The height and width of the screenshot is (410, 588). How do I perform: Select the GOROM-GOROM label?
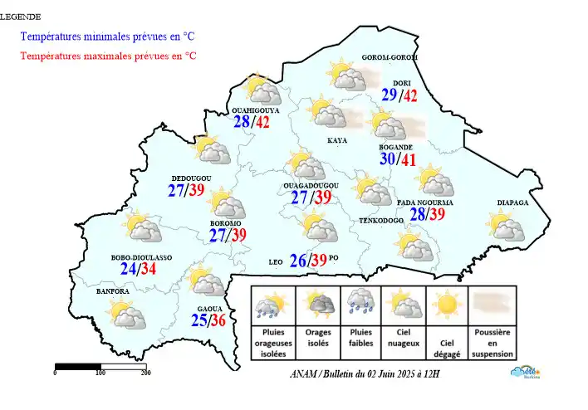click(390, 57)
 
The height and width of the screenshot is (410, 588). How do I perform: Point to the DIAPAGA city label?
click(512, 201)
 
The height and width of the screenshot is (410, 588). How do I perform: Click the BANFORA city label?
click(112, 291)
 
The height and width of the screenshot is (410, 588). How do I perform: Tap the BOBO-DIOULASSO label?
click(141, 258)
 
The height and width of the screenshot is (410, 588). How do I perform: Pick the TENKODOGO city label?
click(380, 221)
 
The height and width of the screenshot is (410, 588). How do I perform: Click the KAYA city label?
click(337, 140)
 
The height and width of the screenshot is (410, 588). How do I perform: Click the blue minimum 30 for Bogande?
click(389, 159)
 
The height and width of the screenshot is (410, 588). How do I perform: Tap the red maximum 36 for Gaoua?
click(218, 320)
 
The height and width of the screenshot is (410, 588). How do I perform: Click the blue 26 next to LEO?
click(298, 261)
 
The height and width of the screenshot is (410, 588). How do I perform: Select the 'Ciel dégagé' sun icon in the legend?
click(448, 305)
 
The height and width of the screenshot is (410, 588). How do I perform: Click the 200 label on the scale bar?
click(145, 373)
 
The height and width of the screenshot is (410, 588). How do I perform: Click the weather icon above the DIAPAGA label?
click(504, 225)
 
